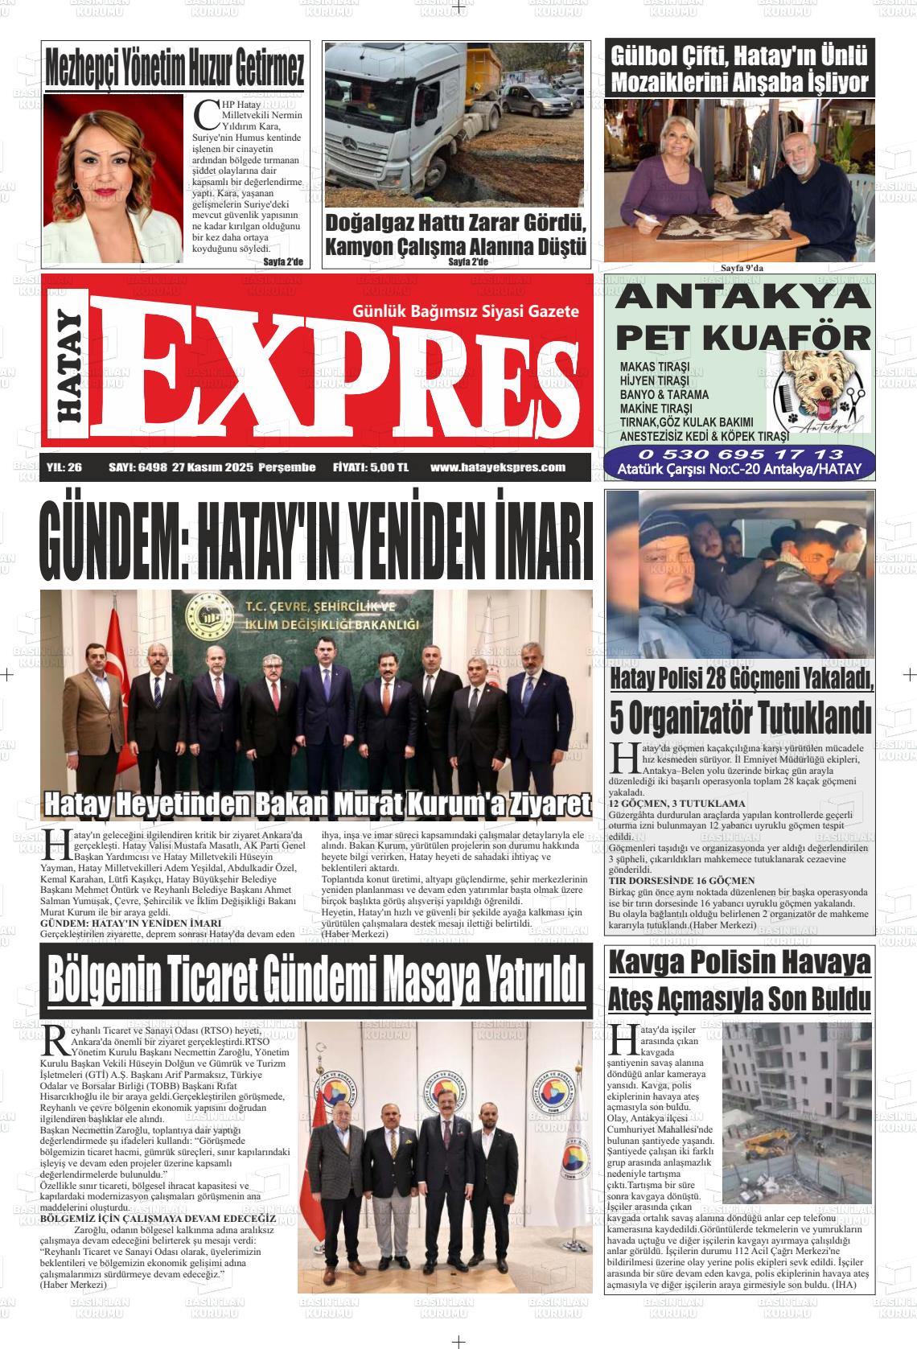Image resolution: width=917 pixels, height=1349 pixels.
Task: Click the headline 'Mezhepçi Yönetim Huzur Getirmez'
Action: coord(175,68)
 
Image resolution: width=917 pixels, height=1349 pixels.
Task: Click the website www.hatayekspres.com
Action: coord(498,467)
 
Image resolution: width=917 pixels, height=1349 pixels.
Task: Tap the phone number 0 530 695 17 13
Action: coord(739,455)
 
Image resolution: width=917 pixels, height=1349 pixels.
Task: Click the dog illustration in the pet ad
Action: coord(817,389)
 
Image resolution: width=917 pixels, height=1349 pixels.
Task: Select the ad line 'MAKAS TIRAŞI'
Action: coord(649,367)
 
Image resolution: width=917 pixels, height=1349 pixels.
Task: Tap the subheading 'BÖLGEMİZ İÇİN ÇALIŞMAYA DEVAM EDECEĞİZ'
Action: coord(158,1218)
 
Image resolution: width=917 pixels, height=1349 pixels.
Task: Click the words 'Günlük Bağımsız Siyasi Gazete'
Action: coord(466,311)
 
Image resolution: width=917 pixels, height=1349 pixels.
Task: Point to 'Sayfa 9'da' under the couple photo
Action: coord(741,268)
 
